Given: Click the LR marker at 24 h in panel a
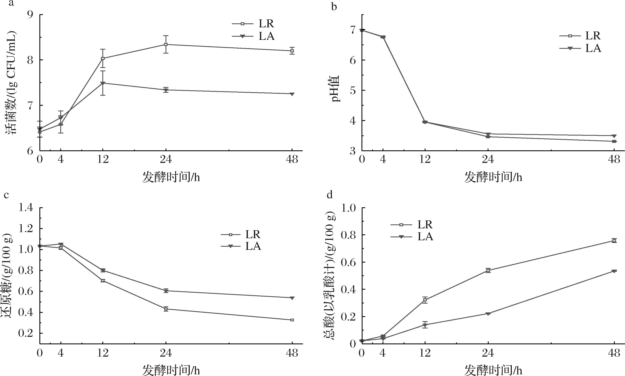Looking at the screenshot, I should pos(166,44).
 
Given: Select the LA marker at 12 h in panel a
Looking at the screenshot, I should pos(103,83).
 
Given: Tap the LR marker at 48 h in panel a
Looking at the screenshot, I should pos(292,51).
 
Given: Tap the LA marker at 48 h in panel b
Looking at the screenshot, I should pos(614,136).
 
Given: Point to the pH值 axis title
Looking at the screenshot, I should pos(336,88).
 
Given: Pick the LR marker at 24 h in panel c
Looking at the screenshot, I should pos(166,309).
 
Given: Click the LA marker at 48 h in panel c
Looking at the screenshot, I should pos(292,298).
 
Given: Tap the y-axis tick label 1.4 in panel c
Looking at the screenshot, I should pos(26,208).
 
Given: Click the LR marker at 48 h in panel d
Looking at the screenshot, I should pos(614,240).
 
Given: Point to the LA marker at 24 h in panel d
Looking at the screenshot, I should pos(488,314).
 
